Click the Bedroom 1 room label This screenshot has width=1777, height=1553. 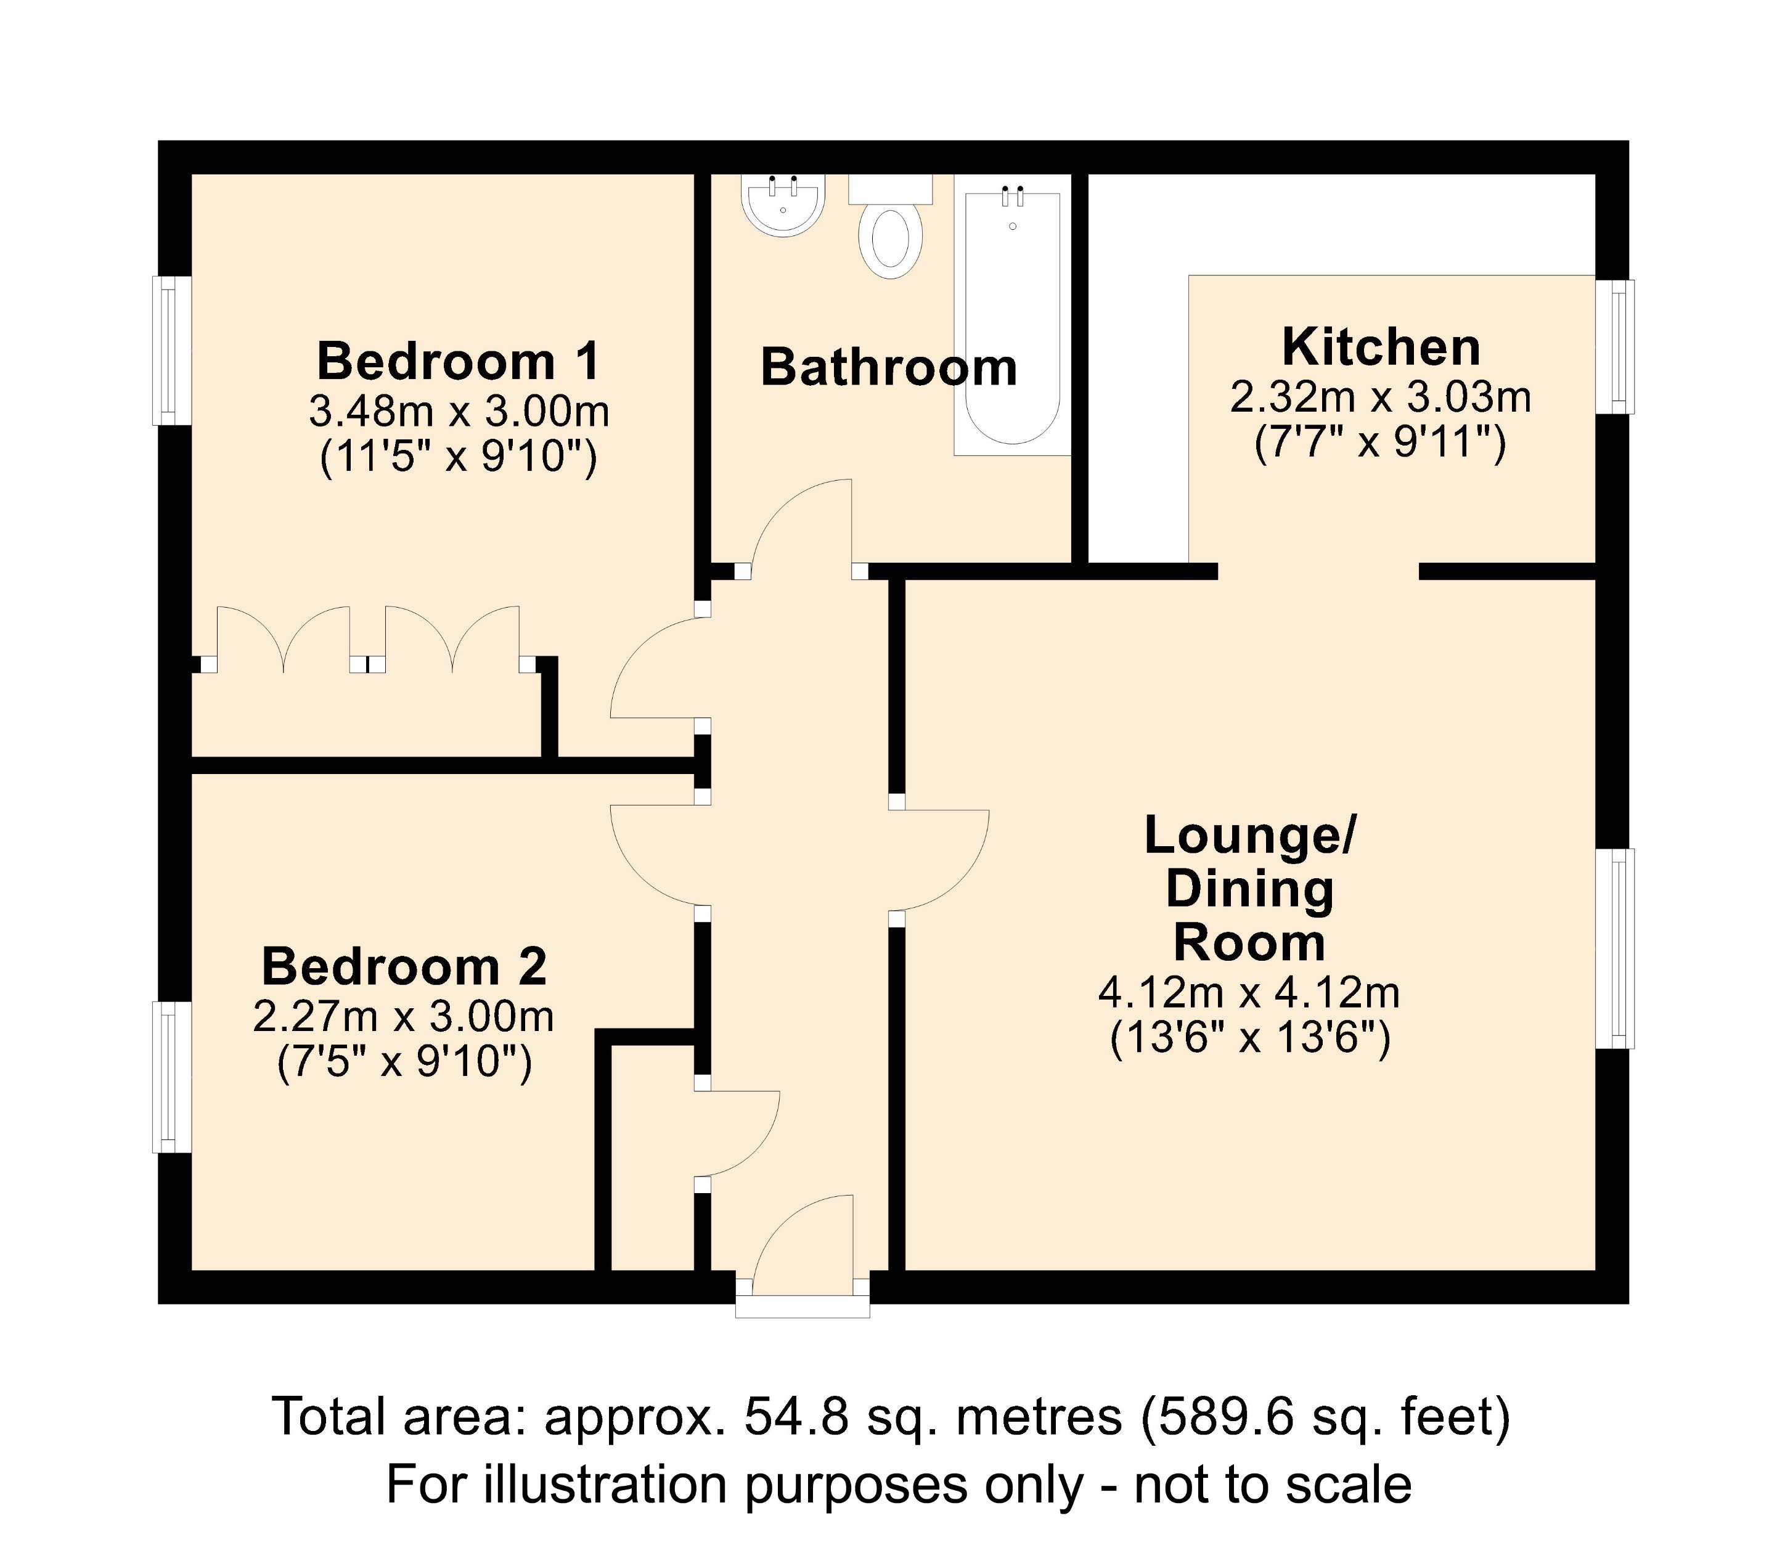pyautogui.click(x=458, y=361)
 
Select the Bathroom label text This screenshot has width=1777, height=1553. pyautogui.click(x=889, y=367)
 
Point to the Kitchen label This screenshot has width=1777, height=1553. pyautogui.click(x=1381, y=348)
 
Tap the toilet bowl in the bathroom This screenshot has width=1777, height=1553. pyautogui.click(x=890, y=238)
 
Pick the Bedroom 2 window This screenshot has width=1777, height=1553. pyautogui.click(x=171, y=1077)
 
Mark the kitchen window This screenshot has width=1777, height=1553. pyautogui.click(x=1615, y=346)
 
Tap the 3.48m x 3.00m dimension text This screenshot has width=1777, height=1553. pyautogui.click(x=459, y=412)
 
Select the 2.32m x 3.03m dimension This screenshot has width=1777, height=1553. pyautogui.click(x=1380, y=397)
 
